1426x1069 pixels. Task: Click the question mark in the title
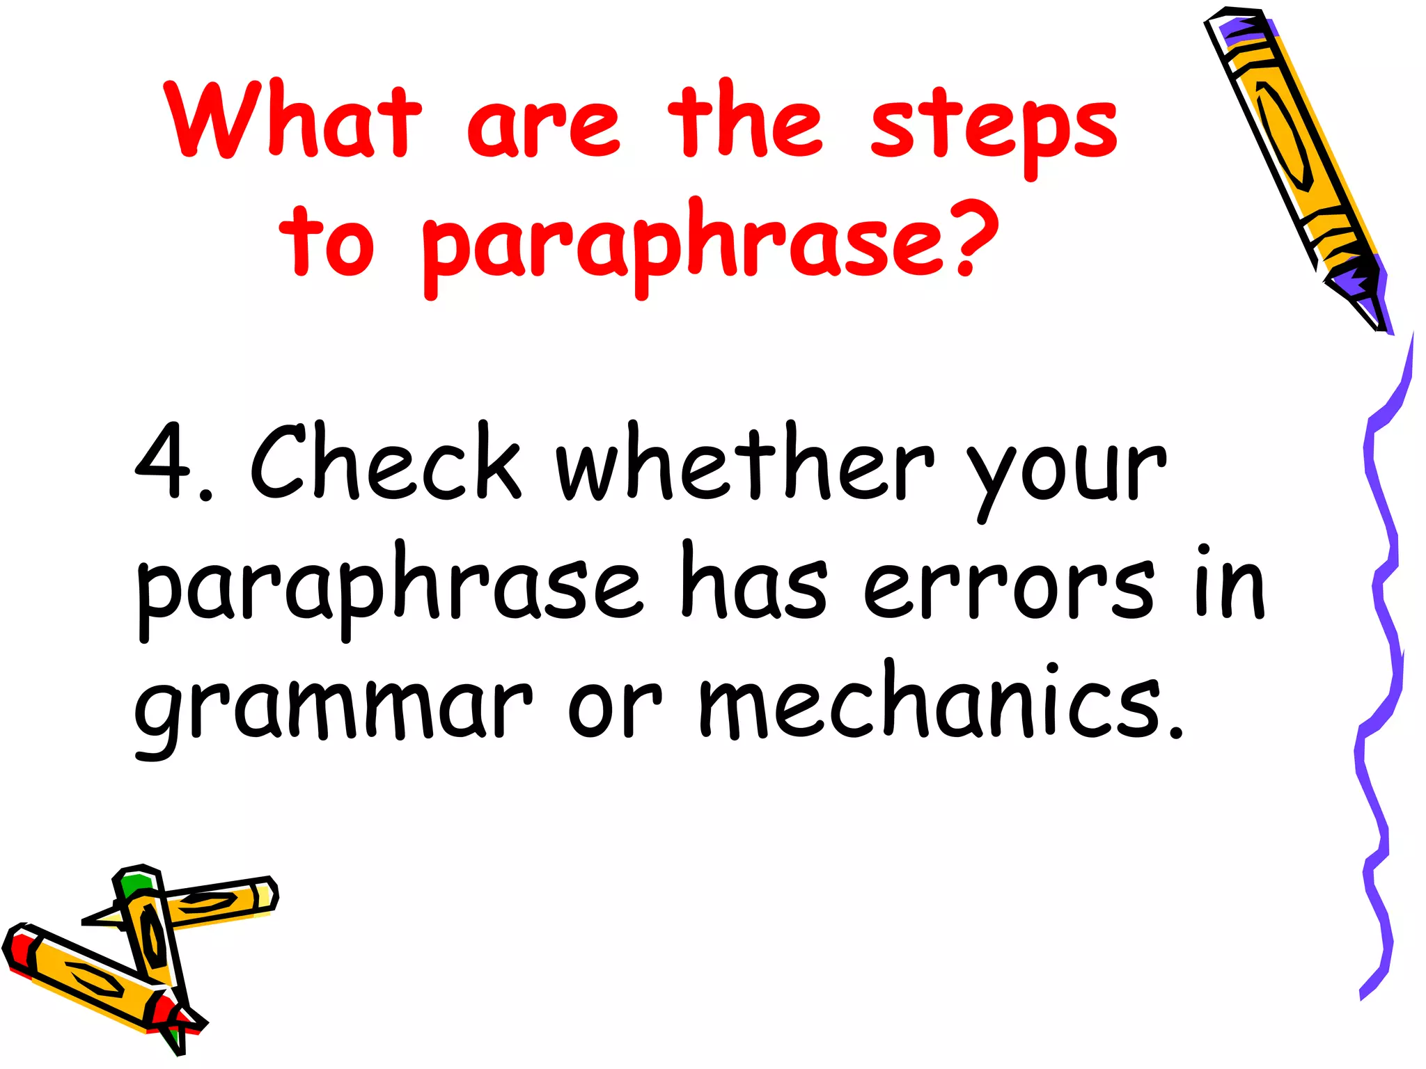coord(972,237)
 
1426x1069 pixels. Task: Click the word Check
coord(385,462)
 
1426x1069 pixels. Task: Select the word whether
coord(745,462)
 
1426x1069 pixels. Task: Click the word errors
coord(1009,585)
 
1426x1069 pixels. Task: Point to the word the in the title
coord(745,121)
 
